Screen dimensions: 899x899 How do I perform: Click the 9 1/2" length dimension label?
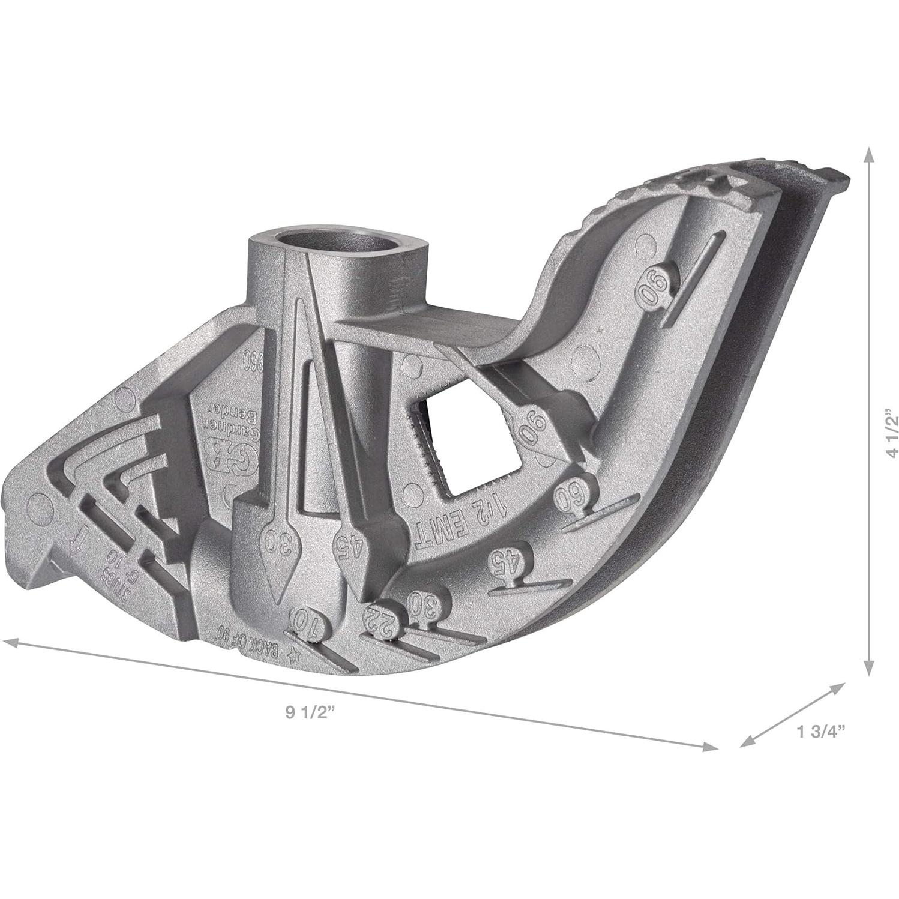click(310, 712)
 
